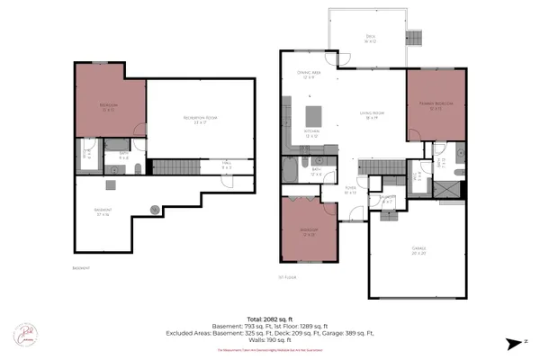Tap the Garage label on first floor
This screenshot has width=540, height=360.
[x=418, y=249]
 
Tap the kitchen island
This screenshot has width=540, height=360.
[x=314, y=116]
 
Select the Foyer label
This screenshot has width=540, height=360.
[x=350, y=190]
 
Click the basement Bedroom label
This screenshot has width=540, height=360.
[x=108, y=107]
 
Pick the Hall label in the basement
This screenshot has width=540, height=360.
[x=227, y=166]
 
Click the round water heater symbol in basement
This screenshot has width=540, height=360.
[x=155, y=209]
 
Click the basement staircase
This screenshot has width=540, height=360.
[x=175, y=168]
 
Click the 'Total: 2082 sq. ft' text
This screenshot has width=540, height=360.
[x=270, y=319]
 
